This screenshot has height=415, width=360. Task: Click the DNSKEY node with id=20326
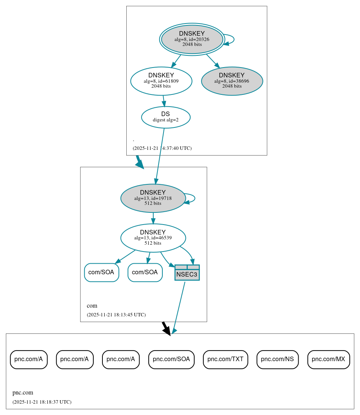pyautogui.click(x=192, y=39)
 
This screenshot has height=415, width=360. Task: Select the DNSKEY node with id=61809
pyautogui.click(x=161, y=81)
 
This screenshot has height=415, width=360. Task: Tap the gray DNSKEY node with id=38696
pyautogui.click(x=232, y=81)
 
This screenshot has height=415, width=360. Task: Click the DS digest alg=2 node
pyautogui.click(x=166, y=117)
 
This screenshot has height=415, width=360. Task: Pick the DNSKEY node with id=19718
pyautogui.click(x=153, y=198)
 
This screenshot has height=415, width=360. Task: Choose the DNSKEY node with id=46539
pyautogui.click(x=153, y=238)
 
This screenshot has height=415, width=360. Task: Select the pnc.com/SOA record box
pyautogui.click(x=171, y=359)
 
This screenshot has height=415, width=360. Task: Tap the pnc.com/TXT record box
pyautogui.click(x=225, y=359)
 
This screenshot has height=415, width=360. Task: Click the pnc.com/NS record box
pyautogui.click(x=278, y=359)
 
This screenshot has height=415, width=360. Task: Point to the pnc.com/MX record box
pyautogui.click(x=329, y=359)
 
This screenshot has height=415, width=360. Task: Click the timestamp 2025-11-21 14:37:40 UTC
pyautogui.click(x=162, y=148)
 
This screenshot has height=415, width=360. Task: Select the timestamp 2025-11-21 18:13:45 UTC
pyautogui.click(x=116, y=314)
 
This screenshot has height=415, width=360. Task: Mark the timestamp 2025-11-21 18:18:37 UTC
pyautogui.click(x=42, y=402)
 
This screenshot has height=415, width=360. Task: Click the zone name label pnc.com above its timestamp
pyautogui.click(x=23, y=393)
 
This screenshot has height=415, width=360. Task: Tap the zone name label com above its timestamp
pyautogui.click(x=92, y=306)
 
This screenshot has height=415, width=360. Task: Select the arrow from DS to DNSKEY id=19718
pyautogui.click(x=160, y=156)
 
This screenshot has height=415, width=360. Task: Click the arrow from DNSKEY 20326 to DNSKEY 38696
pyautogui.click(x=213, y=61)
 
